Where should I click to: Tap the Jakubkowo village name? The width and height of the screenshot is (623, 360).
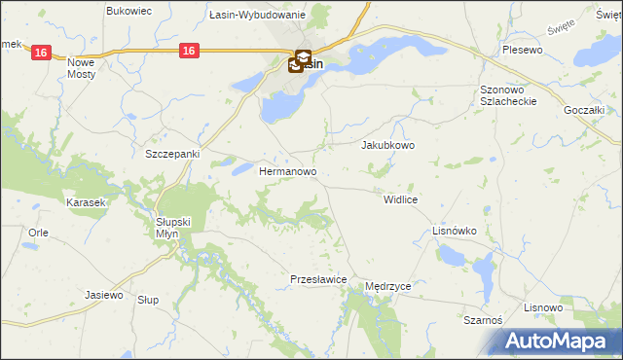[388, 145]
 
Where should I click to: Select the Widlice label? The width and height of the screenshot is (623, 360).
[400, 198]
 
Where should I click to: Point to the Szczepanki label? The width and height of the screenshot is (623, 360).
[171, 154]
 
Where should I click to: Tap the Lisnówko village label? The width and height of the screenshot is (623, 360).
[454, 231]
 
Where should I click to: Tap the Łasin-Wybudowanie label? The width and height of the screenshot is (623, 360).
[258, 16]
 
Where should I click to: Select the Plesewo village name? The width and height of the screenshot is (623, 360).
[522, 49]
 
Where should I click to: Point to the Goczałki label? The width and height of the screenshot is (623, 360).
[585, 111]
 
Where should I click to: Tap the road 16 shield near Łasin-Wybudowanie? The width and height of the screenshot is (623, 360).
[190, 49]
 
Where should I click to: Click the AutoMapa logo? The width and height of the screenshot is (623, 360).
[555, 342]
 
